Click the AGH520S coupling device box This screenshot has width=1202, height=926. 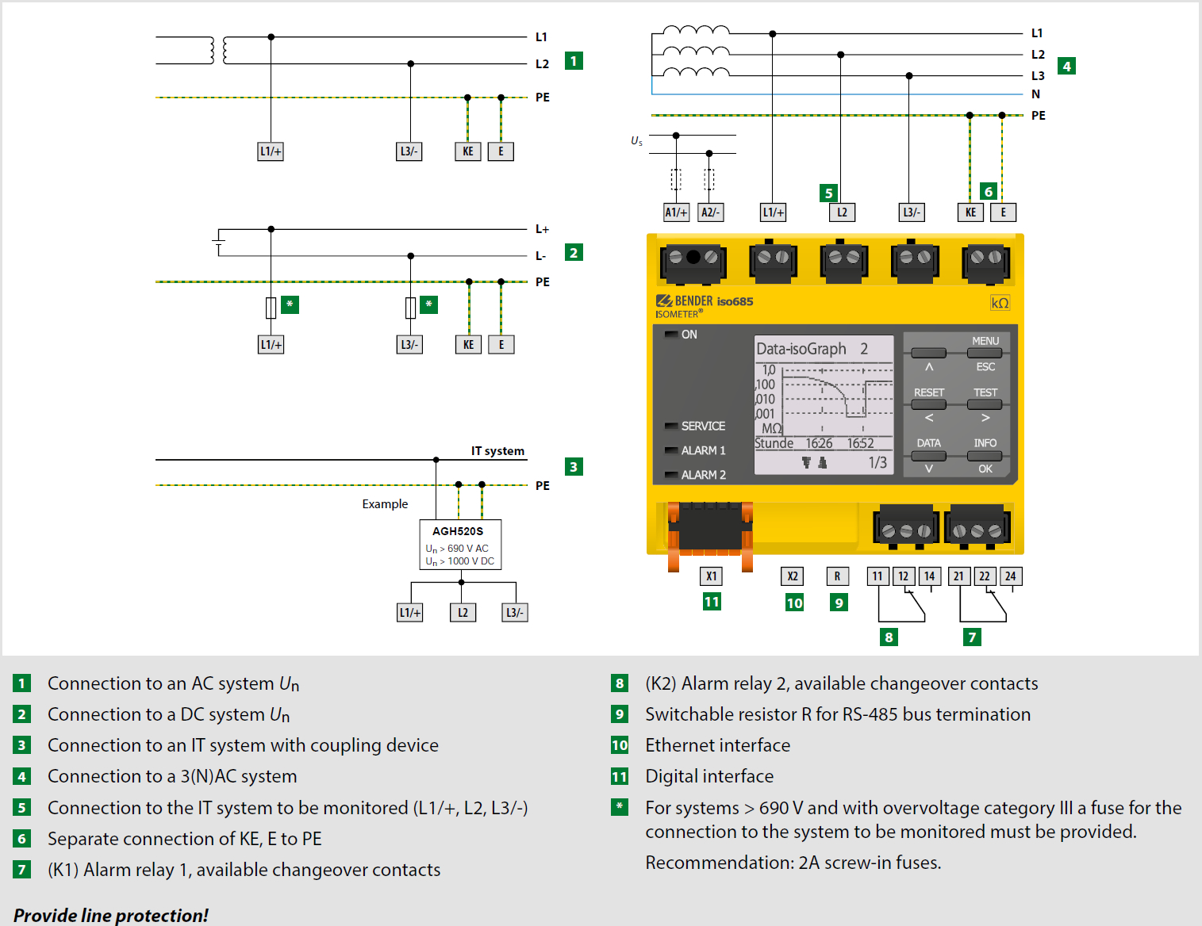pos(460,544)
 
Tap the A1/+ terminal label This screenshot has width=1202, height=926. pos(676,212)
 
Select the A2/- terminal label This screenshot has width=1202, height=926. pos(710,212)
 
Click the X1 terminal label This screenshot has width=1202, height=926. pos(712,576)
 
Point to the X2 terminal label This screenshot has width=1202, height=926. pos(793,576)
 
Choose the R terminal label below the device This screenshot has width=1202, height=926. pos(838,576)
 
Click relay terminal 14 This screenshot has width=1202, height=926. pos(929,576)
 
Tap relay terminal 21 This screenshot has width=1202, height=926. pos(958,576)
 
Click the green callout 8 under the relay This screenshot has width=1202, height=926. pos(889,637)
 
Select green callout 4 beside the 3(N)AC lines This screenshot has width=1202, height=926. pos(1066,67)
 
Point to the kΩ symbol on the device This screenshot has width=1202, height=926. pos(1000,303)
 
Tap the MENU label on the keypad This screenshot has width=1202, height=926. pos(985,341)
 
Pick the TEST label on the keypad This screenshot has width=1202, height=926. pos(985,392)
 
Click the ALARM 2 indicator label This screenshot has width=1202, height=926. pos(703,475)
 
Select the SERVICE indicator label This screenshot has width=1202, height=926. pos(703,426)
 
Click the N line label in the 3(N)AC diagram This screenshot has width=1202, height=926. pos(1035,94)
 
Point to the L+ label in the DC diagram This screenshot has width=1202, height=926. pos(542,229)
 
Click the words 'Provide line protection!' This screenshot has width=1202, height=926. pos(110,915)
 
